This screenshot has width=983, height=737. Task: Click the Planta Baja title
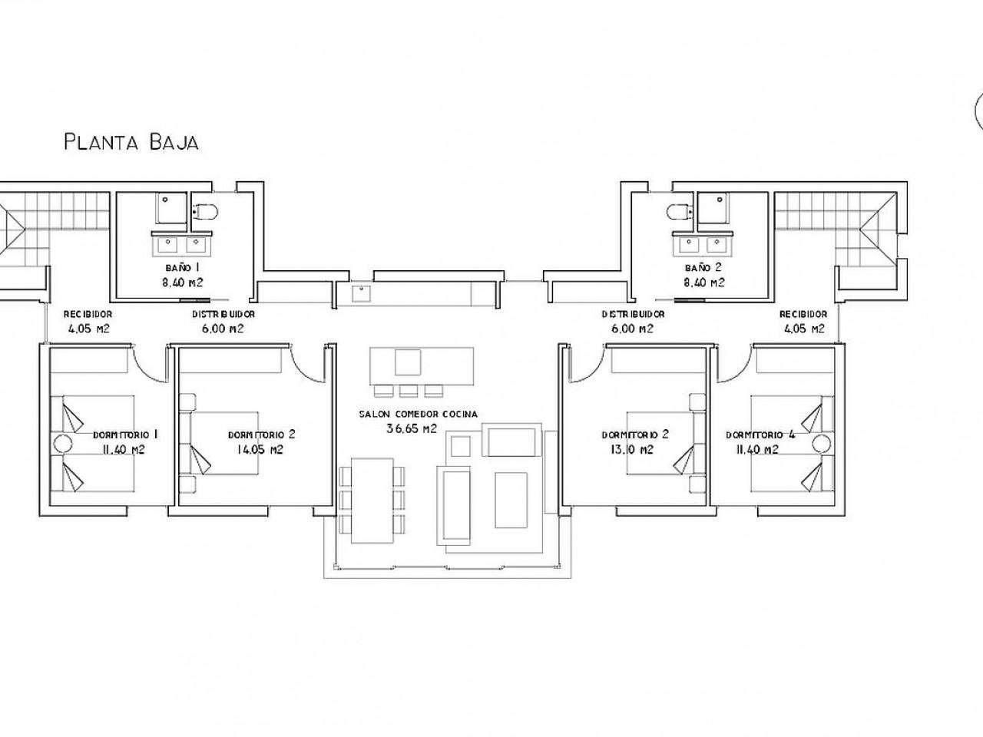(x=131, y=142)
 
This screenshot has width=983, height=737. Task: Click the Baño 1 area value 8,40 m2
(x=182, y=283)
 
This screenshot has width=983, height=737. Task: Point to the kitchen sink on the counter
(x=361, y=293)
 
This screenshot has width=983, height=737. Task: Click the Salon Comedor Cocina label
(x=419, y=415)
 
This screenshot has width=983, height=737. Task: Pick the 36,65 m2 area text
(x=412, y=428)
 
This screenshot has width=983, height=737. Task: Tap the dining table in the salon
(x=372, y=501)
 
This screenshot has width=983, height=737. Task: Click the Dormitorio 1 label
(x=125, y=435)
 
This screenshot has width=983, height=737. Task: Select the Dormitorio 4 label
(x=760, y=435)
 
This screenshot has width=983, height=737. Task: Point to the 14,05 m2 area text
(x=260, y=449)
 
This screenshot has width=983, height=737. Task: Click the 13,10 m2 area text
(x=631, y=449)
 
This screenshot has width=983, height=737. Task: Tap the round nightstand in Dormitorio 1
(x=62, y=444)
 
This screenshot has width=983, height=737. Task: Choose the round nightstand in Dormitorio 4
(x=822, y=444)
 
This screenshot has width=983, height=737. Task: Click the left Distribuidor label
(x=223, y=314)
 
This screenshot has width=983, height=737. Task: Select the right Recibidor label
(x=803, y=314)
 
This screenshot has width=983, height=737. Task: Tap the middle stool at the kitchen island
(x=409, y=391)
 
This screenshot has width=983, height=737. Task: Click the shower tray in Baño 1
(x=171, y=208)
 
